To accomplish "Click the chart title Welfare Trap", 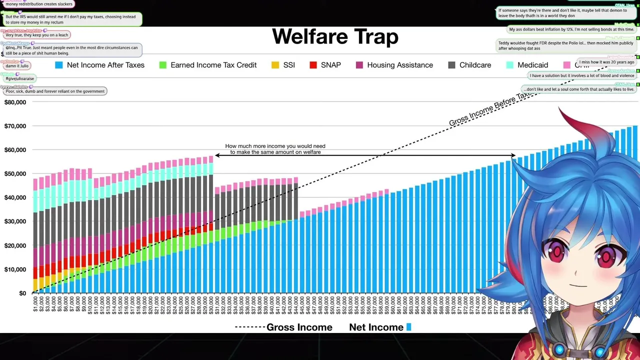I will click(x=335, y=37).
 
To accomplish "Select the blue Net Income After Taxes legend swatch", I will click(x=59, y=65).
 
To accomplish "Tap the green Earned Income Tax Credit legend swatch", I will click(x=162, y=65).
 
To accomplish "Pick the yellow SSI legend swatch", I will click(x=275, y=65).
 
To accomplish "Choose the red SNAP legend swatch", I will click(x=313, y=65).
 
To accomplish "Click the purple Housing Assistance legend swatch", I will click(x=359, y=65).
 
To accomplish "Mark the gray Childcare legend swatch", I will click(x=451, y=65).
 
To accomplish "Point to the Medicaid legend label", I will click(x=532, y=65).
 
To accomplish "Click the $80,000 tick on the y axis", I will click(x=15, y=102).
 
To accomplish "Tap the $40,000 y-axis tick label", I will click(x=15, y=197).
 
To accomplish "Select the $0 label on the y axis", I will click(x=22, y=293).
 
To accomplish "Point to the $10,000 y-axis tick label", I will click(x=15, y=269).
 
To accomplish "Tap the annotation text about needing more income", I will click(x=275, y=149).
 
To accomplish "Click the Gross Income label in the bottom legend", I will click(x=299, y=327).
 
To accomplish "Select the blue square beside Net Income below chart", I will click(x=408, y=327).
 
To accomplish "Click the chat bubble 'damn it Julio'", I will click(x=17, y=65).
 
